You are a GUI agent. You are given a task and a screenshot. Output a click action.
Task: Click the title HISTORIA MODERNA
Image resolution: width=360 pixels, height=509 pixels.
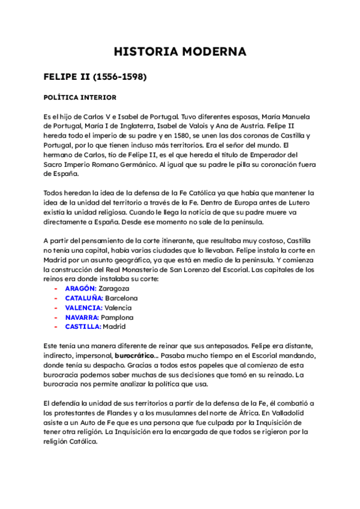(180, 52)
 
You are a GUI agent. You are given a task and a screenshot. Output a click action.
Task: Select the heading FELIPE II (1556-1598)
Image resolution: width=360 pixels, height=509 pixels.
(95, 77)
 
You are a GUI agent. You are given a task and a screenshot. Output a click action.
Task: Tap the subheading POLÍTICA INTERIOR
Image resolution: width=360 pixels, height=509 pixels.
(80, 97)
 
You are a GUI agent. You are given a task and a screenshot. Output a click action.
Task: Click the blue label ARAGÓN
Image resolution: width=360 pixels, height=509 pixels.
(80, 288)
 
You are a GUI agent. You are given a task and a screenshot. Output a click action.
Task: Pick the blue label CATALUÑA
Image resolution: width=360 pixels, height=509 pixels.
(84, 298)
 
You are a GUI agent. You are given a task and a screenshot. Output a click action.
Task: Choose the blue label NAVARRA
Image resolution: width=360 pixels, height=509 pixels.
(82, 317)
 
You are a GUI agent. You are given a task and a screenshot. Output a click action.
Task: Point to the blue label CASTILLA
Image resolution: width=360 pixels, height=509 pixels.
(83, 327)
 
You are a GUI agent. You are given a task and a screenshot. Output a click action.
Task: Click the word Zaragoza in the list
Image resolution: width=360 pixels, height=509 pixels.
(114, 288)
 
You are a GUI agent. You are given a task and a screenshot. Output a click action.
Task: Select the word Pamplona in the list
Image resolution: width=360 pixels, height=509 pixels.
(118, 317)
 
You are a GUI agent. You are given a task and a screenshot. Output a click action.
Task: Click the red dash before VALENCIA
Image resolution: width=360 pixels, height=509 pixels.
(55, 307)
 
